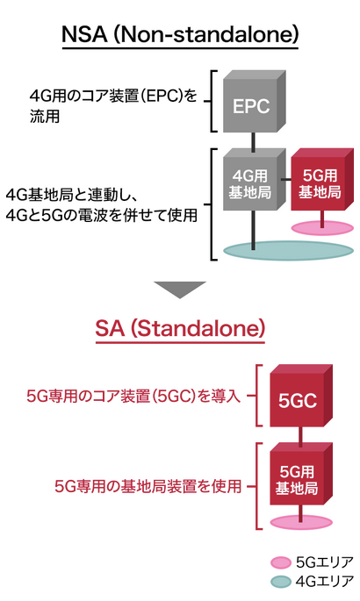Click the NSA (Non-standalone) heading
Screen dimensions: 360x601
click(x=180, y=35)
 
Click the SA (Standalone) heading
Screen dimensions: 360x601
click(x=180, y=328)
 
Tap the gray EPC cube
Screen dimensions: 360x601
click(x=255, y=102)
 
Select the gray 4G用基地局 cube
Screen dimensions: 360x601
click(x=255, y=180)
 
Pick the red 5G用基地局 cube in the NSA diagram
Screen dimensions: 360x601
click(x=322, y=179)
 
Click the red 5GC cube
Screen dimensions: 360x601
click(x=301, y=396)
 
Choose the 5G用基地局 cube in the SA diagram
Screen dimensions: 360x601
click(x=301, y=474)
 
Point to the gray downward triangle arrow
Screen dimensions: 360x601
click(x=180, y=289)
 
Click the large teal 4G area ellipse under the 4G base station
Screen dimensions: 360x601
click(x=288, y=250)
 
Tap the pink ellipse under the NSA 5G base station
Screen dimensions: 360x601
click(x=322, y=228)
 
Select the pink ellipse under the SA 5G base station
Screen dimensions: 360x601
click(x=301, y=522)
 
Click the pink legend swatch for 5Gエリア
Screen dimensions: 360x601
click(x=281, y=562)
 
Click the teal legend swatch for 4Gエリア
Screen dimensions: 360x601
click(x=281, y=582)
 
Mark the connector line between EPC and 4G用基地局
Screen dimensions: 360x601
click(x=253, y=141)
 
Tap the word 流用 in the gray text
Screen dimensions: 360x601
click(x=45, y=116)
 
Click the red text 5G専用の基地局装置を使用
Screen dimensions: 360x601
click(x=148, y=486)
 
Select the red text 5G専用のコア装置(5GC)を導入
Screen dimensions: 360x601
click(x=133, y=396)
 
